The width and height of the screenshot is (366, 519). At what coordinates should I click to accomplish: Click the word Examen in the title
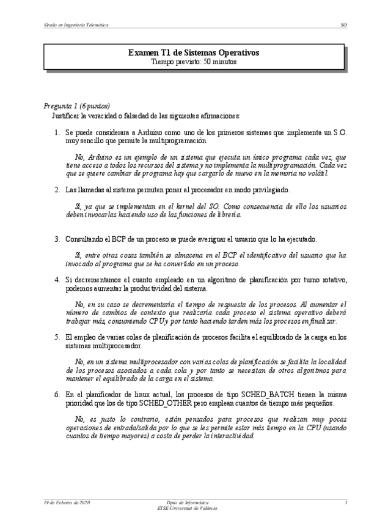click(x=142, y=53)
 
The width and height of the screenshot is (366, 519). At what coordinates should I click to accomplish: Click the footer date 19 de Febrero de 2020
click(x=67, y=502)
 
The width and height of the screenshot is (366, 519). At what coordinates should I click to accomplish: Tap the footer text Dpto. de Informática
click(x=183, y=502)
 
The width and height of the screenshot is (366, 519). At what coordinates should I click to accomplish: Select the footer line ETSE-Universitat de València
click(x=183, y=508)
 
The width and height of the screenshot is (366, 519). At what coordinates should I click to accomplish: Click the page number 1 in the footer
click(x=346, y=502)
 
